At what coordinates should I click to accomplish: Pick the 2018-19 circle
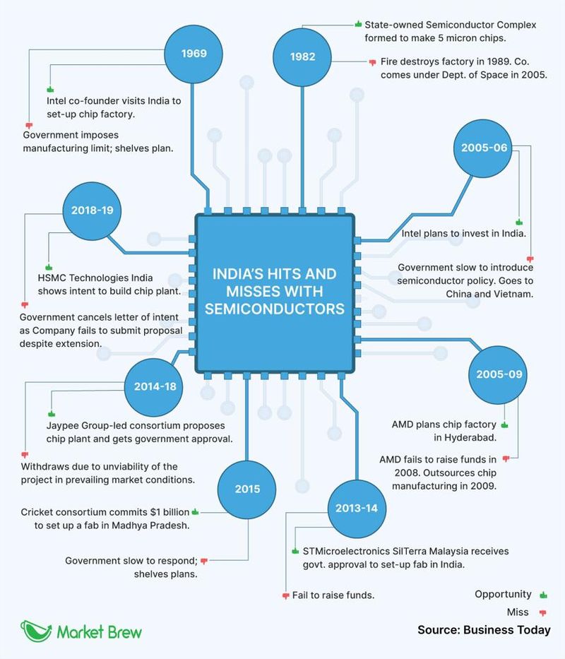[92, 210]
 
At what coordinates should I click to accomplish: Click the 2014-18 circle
[154, 386]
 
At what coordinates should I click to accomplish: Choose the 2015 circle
[248, 489]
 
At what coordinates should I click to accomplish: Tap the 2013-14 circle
[357, 508]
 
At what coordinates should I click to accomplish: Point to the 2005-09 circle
[499, 374]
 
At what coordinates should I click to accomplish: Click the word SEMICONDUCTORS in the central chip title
[275, 309]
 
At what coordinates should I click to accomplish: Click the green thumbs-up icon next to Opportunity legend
[543, 595]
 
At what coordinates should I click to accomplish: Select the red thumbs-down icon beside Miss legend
[543, 612]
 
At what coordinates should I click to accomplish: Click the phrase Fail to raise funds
[333, 595]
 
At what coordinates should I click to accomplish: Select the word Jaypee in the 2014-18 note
[63, 425]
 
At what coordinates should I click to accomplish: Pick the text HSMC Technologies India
[95, 278]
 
